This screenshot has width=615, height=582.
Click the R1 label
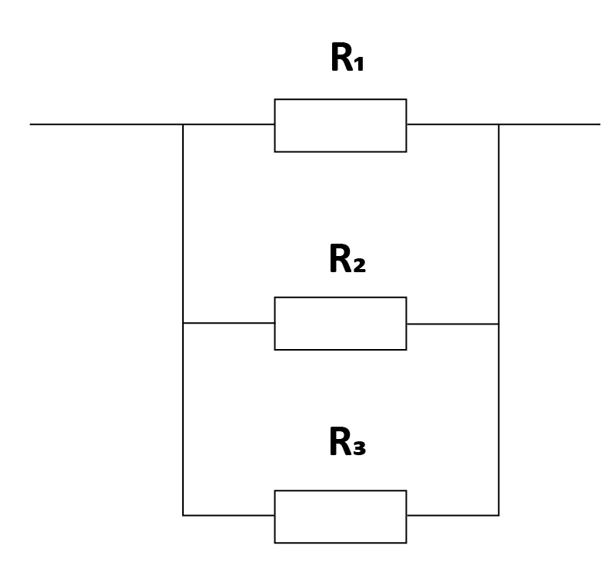point(347,57)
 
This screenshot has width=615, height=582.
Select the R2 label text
point(347,258)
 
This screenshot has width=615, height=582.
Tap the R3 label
point(347,441)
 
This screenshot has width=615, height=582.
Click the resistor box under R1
point(341,99)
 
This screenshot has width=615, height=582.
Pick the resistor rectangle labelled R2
point(341,298)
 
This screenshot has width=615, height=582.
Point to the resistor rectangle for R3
point(341,491)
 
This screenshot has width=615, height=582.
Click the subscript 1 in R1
point(359,64)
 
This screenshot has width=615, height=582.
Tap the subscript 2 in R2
point(359,264)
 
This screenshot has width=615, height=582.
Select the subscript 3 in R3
point(360,448)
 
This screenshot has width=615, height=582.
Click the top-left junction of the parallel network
point(183,125)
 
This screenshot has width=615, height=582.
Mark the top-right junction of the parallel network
point(498,125)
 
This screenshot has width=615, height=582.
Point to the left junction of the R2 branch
point(183,323)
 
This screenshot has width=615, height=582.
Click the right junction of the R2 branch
point(498,324)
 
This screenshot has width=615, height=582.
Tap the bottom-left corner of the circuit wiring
point(183,515)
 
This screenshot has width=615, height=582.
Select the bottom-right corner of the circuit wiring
point(498,515)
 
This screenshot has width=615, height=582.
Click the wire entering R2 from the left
point(228,323)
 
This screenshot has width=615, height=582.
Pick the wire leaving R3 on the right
point(453,515)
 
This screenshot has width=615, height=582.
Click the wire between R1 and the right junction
point(453,125)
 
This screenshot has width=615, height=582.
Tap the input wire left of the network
point(106,125)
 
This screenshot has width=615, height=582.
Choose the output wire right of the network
point(550,125)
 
